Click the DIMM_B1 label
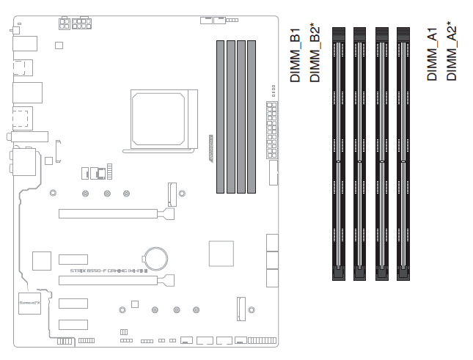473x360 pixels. [296, 56]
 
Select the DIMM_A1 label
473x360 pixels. [433, 56]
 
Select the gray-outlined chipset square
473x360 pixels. [221, 253]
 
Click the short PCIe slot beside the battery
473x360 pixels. [73, 259]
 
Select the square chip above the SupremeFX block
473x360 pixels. [42, 261]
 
